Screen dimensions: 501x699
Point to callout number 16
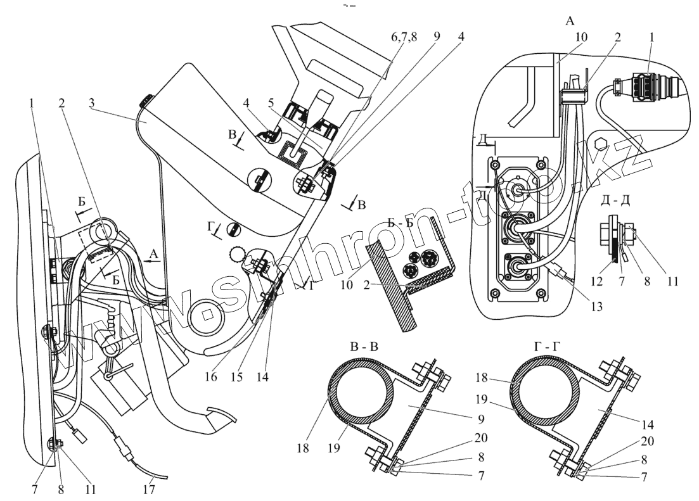coord(210,376)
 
